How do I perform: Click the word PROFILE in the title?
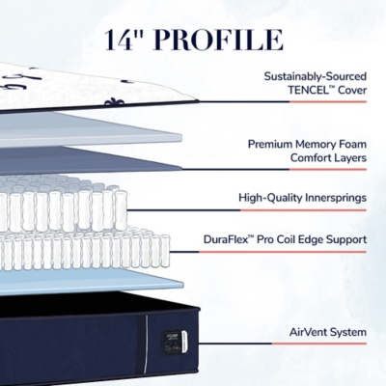point(219,40)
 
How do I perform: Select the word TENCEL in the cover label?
point(308,90)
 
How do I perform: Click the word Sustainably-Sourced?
point(316,76)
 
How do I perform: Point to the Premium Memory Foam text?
point(307,144)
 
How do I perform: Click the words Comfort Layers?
point(328,158)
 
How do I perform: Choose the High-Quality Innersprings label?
point(302,198)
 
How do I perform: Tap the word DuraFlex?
point(226,239)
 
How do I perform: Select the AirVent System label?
point(328,332)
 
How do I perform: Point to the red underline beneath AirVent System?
point(319,344)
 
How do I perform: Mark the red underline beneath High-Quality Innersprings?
point(303,210)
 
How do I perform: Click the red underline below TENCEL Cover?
point(328,101)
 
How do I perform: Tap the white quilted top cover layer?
point(96,88)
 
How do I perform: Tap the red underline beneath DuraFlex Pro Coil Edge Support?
point(283,252)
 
